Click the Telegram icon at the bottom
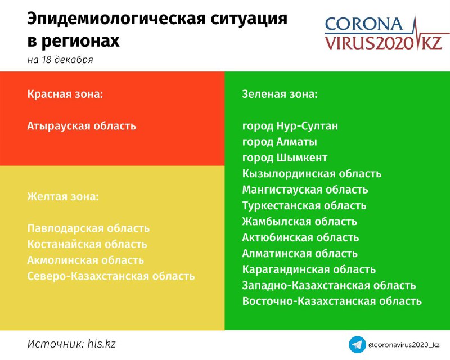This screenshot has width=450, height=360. pyautogui.click(x=357, y=344)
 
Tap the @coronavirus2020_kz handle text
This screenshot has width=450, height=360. pyautogui.click(x=404, y=345)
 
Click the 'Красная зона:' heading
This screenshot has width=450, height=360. pyautogui.click(x=65, y=94)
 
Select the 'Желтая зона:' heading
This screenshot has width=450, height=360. pyautogui.click(x=63, y=197)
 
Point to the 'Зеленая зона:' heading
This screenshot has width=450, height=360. pyautogui.click(x=280, y=94)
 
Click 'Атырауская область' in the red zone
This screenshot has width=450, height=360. pyautogui.click(x=82, y=126)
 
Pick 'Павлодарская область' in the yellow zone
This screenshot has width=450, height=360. pyautogui.click(x=88, y=228)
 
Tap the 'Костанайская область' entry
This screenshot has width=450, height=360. pyautogui.click(x=87, y=244)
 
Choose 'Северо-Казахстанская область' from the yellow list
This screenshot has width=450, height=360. pyautogui.click(x=111, y=276)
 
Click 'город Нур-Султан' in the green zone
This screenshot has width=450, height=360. pyautogui.click(x=290, y=126)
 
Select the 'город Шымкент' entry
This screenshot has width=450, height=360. pyautogui.click(x=285, y=158)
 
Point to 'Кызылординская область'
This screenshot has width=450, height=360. pyautogui.click(x=312, y=174)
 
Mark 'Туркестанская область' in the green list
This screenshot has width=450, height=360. pyautogui.click(x=304, y=205)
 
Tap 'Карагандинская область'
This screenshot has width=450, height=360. pyautogui.click(x=309, y=269)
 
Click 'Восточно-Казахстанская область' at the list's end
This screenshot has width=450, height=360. pyautogui.click(x=332, y=301)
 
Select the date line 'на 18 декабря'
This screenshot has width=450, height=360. pyautogui.click(x=60, y=60)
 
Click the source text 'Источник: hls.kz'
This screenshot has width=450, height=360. pyautogui.click(x=71, y=344)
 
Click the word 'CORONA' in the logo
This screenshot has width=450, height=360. pyautogui.click(x=364, y=24)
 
